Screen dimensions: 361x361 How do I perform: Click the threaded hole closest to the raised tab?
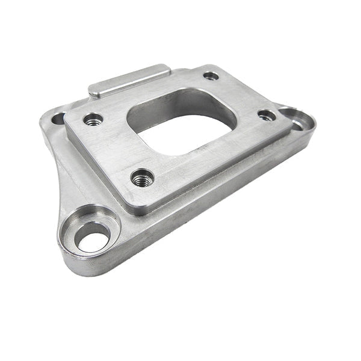pos(93,120)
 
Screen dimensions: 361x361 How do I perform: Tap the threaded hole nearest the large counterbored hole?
pos(142,177)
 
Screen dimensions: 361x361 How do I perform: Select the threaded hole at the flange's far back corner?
pos(211,76)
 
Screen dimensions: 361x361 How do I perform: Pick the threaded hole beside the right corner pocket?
pos(266,114)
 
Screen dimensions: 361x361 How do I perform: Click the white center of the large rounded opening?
pos(180,135)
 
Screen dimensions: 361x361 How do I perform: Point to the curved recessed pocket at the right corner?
pos(298,118)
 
